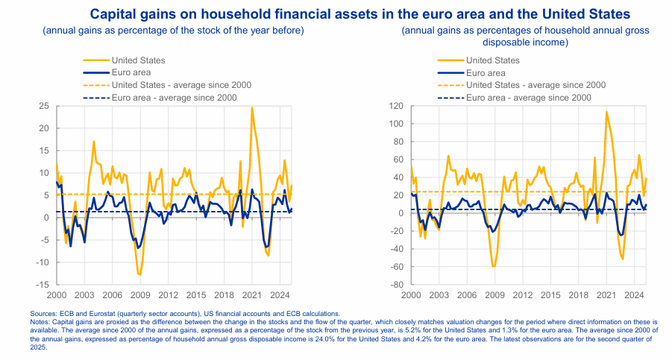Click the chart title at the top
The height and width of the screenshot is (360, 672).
pos(359,13)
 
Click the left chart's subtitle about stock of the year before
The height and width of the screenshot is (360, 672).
pos(173,31)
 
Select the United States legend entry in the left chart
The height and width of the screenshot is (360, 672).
pos(138,60)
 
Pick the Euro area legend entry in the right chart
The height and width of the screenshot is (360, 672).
pos(486,73)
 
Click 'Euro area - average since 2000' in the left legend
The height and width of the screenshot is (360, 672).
pos(174,98)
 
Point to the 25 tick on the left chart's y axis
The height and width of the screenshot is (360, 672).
pos(44,106)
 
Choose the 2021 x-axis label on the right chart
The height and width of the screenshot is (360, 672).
pos(605,295)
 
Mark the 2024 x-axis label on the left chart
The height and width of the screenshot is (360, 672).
pos(280,295)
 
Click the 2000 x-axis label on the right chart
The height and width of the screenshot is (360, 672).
pos(411,295)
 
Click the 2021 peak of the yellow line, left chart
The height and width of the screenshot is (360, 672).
pos(252,107)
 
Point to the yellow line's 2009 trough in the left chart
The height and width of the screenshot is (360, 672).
pos(139,275)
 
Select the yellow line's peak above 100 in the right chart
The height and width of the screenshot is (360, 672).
pos(606,112)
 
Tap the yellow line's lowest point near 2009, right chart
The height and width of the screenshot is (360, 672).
pos(493,266)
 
